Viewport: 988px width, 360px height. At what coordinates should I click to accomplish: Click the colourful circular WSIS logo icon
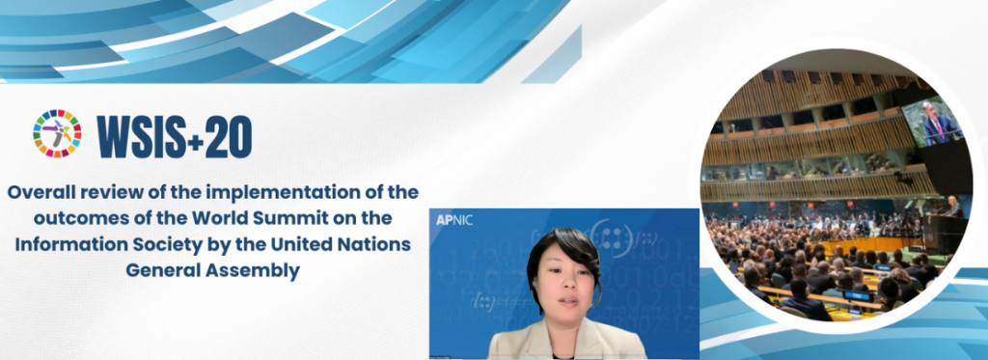(57, 134)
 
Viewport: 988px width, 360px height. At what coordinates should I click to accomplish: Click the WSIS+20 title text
(175, 136)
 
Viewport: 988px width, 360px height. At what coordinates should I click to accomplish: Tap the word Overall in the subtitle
(42, 191)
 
